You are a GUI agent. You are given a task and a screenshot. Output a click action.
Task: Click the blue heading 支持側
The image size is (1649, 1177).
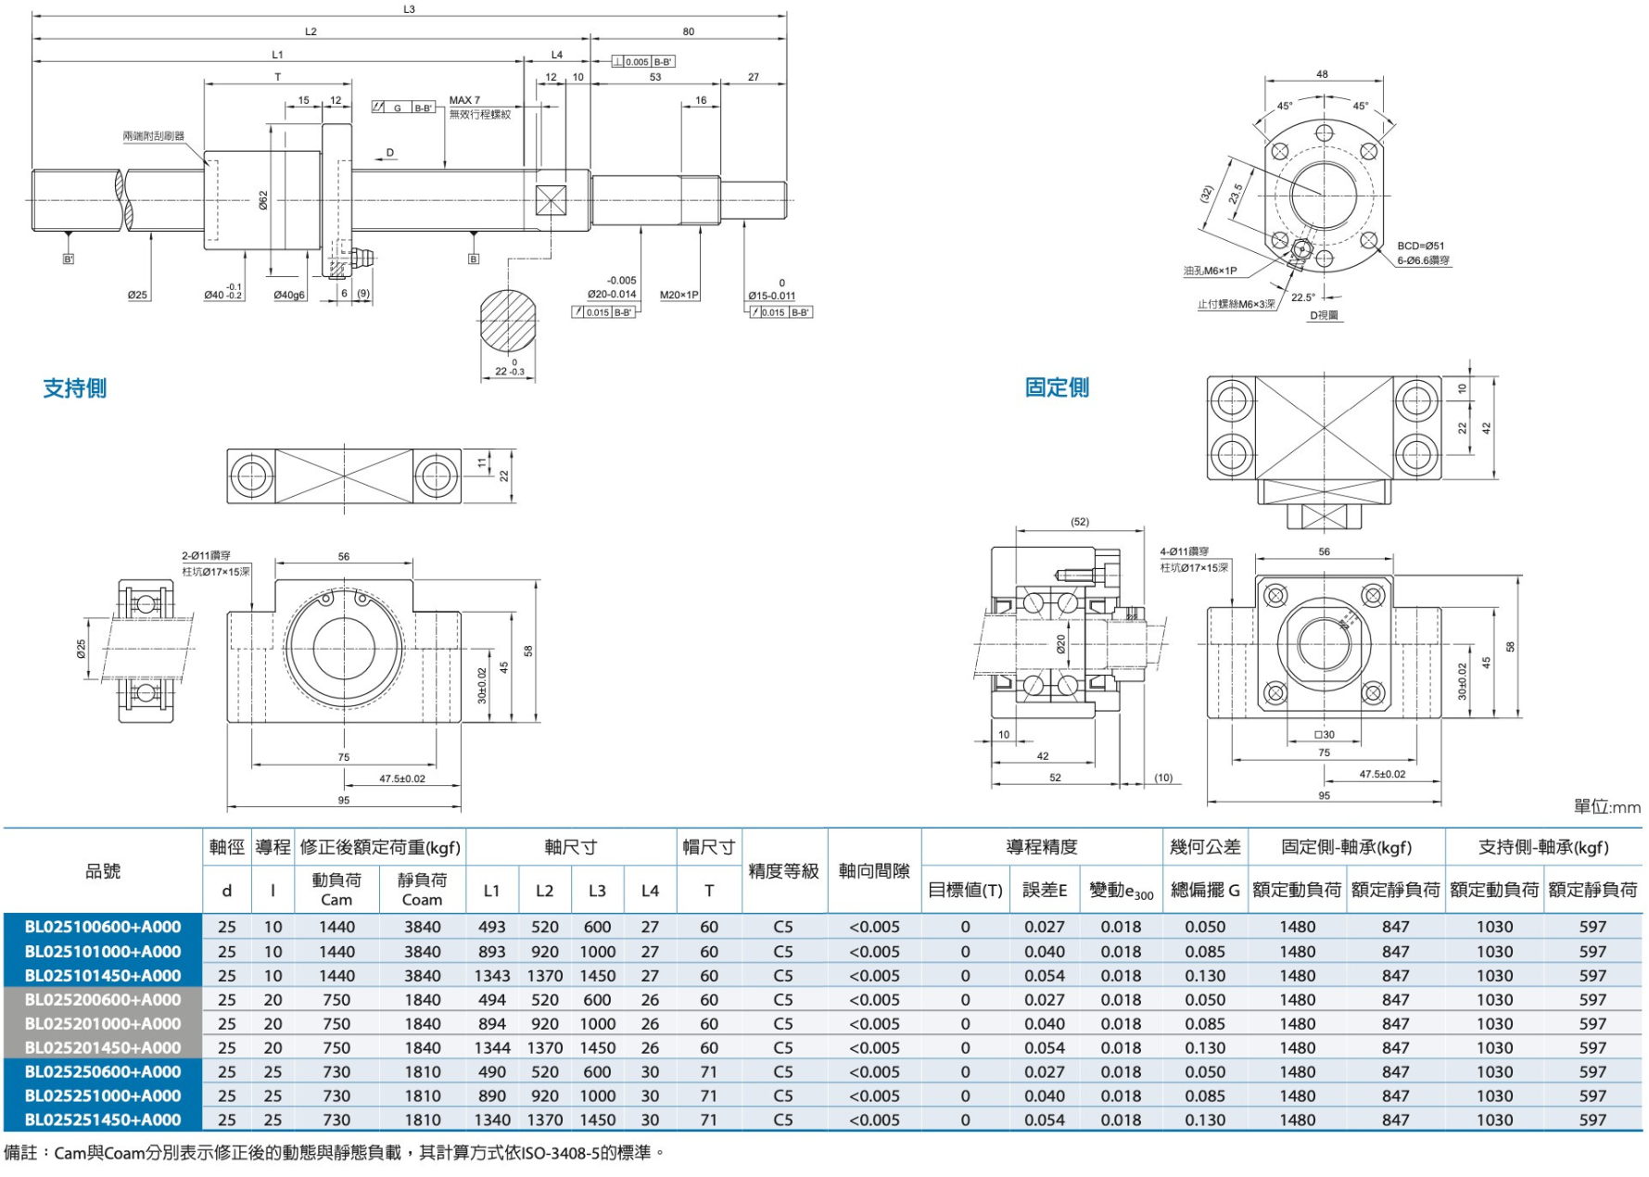(x=75, y=388)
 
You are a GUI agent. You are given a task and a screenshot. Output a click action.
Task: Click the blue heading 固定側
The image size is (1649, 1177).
(x=1057, y=387)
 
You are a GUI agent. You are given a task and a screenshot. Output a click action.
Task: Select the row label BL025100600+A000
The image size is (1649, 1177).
(x=103, y=927)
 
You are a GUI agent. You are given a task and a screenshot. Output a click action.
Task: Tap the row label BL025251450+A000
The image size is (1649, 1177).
(x=103, y=1120)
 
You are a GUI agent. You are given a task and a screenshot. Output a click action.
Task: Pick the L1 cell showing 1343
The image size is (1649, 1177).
(x=491, y=976)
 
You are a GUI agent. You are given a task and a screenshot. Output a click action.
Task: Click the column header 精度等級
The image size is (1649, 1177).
(x=783, y=871)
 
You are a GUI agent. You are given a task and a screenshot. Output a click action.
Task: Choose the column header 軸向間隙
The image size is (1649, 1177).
(x=874, y=871)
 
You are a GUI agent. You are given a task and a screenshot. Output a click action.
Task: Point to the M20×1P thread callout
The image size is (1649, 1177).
(x=679, y=295)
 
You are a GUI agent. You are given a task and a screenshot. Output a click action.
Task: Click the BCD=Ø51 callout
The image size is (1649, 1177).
(x=1421, y=246)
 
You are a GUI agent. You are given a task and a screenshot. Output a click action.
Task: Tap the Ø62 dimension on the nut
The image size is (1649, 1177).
(x=263, y=200)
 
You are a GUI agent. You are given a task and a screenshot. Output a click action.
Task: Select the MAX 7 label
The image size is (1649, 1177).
(x=464, y=100)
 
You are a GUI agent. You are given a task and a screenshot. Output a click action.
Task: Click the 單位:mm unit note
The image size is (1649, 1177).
(x=1606, y=807)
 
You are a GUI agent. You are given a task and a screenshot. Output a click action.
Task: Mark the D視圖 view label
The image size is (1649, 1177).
(x=1324, y=315)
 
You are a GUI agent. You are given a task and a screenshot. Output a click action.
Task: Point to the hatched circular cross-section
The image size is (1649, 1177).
(x=508, y=320)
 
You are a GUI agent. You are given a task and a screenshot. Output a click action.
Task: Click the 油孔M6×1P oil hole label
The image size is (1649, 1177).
(x=1210, y=271)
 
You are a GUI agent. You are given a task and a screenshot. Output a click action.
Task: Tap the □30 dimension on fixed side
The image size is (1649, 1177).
(x=1324, y=734)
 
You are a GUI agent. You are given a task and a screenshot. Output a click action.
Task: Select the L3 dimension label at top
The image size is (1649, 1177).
(x=409, y=9)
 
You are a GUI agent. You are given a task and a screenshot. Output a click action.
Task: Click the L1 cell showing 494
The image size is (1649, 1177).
(x=491, y=1000)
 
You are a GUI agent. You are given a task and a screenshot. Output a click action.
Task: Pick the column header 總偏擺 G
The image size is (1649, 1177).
(x=1204, y=890)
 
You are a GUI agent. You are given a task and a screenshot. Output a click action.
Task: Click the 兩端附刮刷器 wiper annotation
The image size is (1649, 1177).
(x=153, y=136)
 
